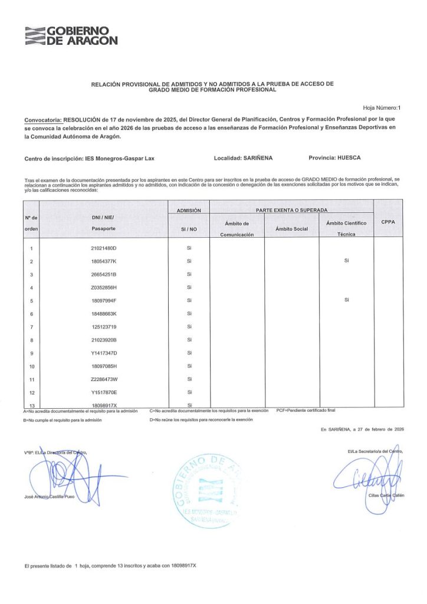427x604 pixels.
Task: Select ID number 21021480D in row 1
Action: point(104,248)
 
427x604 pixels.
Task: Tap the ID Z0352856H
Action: point(104,287)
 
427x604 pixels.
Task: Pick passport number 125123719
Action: point(104,327)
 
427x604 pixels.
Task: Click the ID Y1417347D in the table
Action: point(104,353)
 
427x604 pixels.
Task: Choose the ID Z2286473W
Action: point(104,379)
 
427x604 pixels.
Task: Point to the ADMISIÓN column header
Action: point(189,210)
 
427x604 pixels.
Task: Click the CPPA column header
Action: point(388,222)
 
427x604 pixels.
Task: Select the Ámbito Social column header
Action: point(291,228)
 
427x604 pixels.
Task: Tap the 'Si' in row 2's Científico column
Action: point(347,261)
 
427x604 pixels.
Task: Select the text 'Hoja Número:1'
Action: point(382,108)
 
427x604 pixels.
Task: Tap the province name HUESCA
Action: point(346,158)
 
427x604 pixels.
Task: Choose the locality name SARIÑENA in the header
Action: point(258,158)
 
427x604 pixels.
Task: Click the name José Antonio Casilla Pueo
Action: point(50,497)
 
